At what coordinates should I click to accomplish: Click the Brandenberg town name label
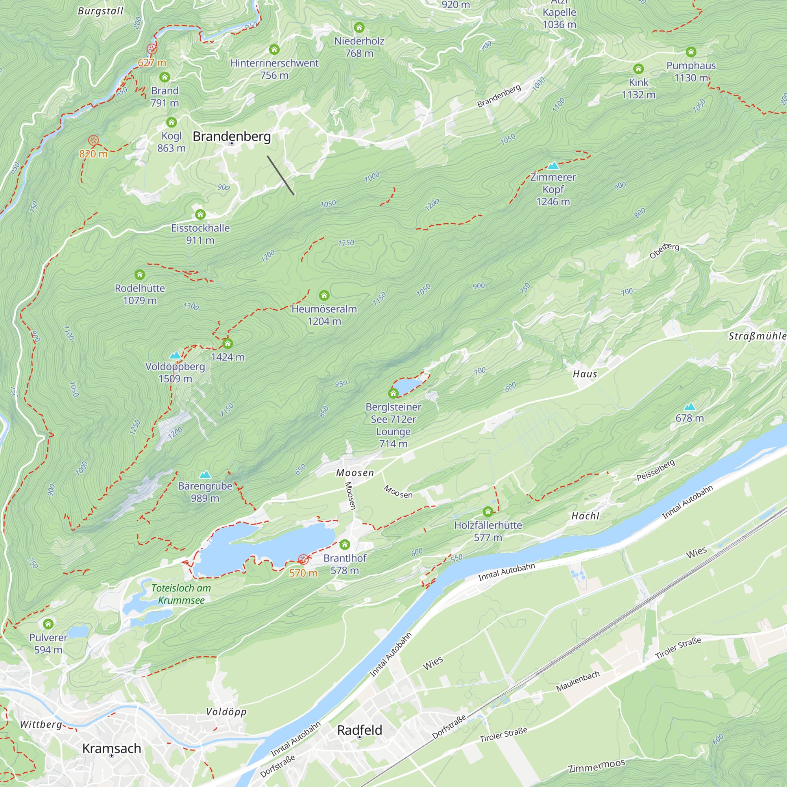click(231, 136)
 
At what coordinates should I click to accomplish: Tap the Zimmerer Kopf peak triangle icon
click(553, 166)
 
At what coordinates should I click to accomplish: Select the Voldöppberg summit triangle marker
click(175, 355)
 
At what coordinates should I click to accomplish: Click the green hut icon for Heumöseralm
click(324, 295)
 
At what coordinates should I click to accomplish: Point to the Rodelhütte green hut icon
click(140, 275)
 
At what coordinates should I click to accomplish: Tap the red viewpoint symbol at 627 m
click(151, 49)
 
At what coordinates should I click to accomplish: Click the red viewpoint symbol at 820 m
click(93, 141)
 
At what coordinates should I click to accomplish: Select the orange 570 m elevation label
click(303, 573)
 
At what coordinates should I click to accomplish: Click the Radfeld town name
click(359, 730)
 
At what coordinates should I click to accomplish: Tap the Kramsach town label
click(112, 748)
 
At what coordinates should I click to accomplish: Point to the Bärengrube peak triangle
click(205, 475)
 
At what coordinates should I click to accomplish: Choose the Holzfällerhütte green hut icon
click(488, 512)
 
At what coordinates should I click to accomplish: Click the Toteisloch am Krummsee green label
click(181, 594)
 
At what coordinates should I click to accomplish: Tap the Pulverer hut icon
click(48, 624)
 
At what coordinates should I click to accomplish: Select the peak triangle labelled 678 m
click(689, 406)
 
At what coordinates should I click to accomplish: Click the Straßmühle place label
click(757, 336)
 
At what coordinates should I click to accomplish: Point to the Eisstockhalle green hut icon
click(200, 214)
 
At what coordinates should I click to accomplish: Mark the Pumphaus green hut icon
click(691, 52)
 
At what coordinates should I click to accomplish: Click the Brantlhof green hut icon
click(345, 545)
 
